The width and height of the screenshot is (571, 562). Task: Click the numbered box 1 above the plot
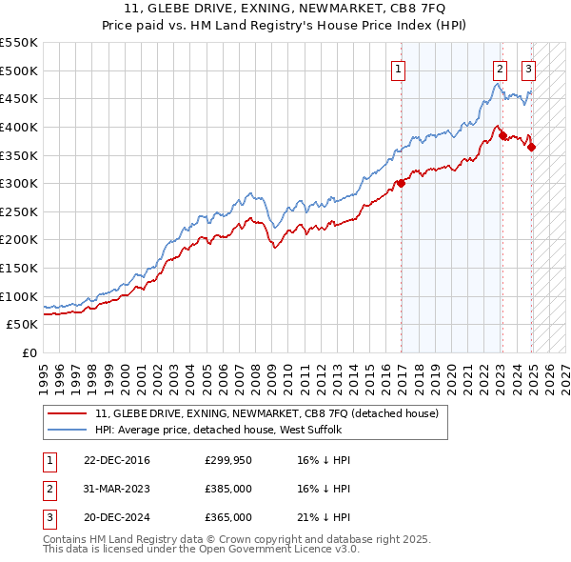point(397,68)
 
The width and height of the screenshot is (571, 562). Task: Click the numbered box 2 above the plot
point(500,68)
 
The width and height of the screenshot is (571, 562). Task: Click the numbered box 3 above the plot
point(528,68)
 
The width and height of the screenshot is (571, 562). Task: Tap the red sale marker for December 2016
point(402,184)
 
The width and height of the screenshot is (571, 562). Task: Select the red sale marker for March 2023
point(502,135)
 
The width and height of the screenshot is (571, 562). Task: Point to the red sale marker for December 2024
point(532,147)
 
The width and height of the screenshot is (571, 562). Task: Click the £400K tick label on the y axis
point(19,127)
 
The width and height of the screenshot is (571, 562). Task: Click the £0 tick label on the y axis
point(30,352)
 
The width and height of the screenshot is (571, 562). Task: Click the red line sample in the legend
point(68,413)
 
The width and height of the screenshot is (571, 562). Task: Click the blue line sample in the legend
point(68,430)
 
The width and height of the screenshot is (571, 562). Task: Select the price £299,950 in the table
point(228,460)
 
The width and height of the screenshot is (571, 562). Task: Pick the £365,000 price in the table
point(228,517)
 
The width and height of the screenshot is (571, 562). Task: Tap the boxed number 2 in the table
point(48,489)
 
